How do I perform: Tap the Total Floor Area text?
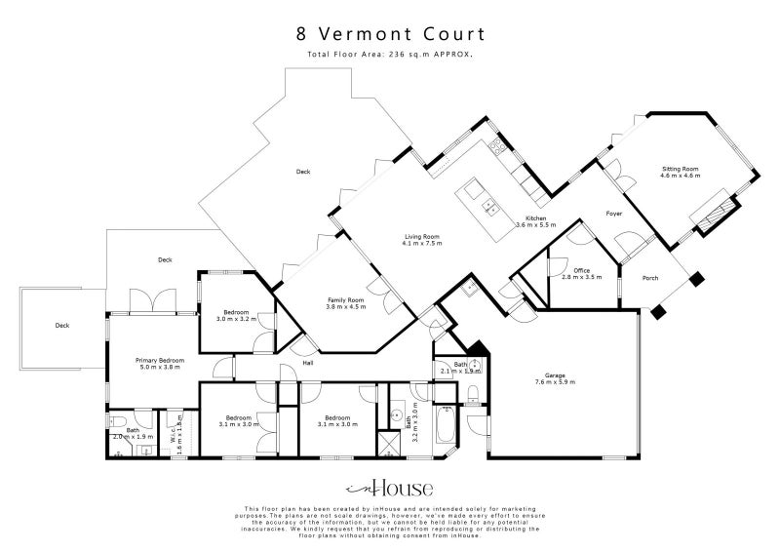390,55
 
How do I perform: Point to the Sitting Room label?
680,172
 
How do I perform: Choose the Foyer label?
613,213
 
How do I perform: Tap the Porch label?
649,278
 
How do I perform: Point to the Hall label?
308,363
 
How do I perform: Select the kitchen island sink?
490,206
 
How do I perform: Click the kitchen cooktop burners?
498,148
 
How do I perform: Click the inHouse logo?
390,489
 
